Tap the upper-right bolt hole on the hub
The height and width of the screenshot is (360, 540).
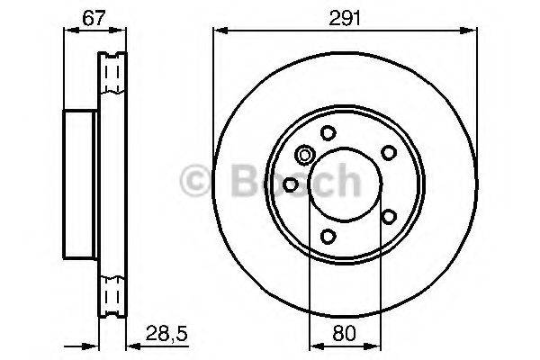pos(389,152)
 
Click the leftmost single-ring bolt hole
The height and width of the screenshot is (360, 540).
pos(290,184)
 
